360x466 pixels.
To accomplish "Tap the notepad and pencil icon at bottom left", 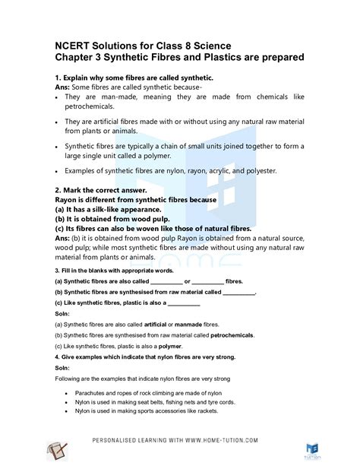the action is (x=57, y=450).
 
